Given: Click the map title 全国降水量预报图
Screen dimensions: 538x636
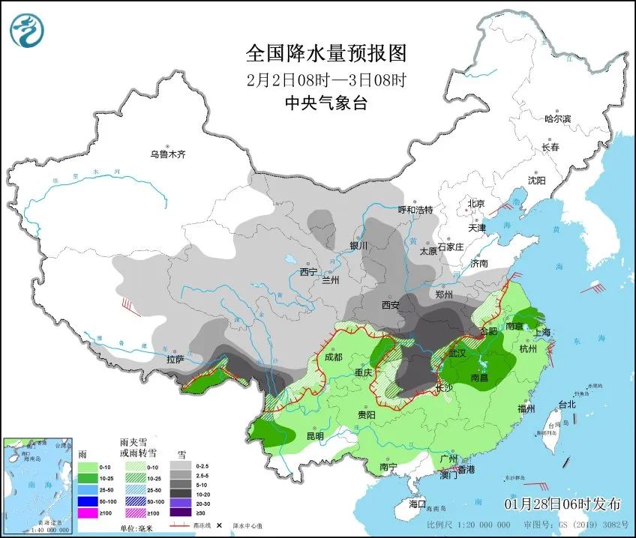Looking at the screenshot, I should [x=326, y=53].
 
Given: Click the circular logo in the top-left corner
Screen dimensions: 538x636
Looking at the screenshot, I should [x=27, y=30].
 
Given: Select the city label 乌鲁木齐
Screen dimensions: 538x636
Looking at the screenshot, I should [x=166, y=154].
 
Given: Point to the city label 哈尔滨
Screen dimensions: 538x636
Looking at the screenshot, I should [x=557, y=119].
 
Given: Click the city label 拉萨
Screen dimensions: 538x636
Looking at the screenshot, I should [x=175, y=360].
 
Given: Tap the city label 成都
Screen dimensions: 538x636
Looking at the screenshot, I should [x=334, y=357].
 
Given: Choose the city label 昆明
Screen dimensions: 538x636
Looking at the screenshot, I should [x=315, y=435].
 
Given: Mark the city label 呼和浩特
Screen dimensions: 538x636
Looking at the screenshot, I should [x=415, y=210].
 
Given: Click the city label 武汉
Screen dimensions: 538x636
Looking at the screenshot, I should [x=457, y=352].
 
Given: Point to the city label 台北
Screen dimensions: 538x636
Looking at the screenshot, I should [x=567, y=405].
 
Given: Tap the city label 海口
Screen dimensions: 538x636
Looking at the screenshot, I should [x=417, y=504].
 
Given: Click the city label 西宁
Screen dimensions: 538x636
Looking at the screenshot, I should [x=308, y=271].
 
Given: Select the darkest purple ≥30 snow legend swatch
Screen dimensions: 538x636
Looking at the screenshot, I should [x=180, y=513].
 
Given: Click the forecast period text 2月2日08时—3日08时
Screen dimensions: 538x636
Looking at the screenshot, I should [x=326, y=79].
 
